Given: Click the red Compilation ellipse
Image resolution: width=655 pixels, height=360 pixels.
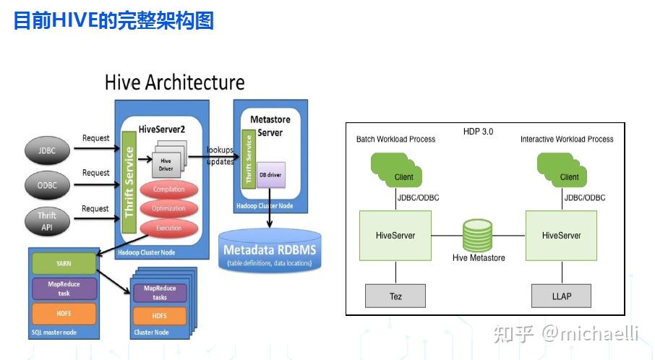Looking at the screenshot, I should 168,189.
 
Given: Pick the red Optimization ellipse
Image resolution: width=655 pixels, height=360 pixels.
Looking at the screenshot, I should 168,209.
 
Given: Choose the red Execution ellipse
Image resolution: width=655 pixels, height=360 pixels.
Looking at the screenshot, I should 168,228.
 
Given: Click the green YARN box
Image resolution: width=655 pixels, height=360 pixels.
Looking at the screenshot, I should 64,263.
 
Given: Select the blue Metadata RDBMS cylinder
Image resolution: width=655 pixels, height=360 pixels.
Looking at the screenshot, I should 269,251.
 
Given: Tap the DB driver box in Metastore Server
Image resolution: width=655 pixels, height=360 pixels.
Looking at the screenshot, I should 272,173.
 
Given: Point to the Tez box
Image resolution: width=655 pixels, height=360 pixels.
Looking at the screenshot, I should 395,296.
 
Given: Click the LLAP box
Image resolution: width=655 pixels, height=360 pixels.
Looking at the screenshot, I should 561,296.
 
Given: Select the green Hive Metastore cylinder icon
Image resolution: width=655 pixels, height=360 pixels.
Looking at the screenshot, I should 478,236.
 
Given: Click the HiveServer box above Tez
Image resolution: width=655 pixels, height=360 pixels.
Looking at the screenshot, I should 395,236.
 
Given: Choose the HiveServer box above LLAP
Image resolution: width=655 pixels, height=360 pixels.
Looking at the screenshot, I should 561,236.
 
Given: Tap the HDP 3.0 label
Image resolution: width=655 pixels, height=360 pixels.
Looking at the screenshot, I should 478,132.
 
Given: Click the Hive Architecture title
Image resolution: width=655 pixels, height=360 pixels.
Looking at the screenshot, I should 174,82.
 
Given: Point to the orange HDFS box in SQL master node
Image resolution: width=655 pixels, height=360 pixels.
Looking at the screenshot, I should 64,313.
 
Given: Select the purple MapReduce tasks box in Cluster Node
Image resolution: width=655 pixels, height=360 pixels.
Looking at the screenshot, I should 160,293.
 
